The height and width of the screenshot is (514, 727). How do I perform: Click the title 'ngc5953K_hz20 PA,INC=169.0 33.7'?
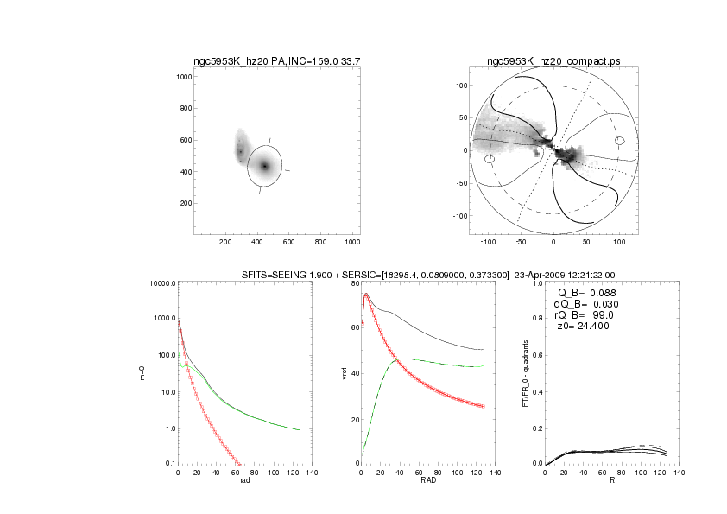coord(275,61)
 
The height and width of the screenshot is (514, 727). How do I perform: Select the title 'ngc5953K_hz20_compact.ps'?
coord(553,61)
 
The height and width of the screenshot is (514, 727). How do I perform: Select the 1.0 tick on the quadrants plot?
coord(537,284)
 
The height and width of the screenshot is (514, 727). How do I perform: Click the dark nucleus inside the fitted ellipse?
coord(264,166)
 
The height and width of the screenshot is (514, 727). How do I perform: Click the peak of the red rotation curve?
coord(366,295)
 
